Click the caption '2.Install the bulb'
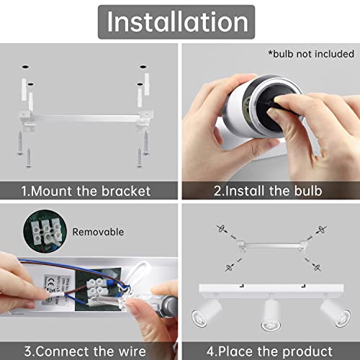[x=268, y=191]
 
